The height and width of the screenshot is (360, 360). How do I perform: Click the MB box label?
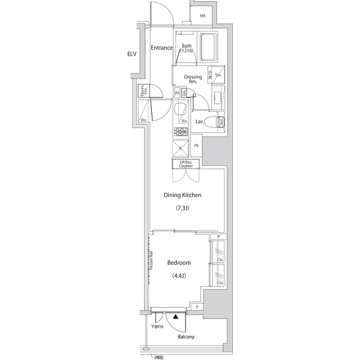(202, 16)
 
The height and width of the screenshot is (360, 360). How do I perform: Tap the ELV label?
(132, 55)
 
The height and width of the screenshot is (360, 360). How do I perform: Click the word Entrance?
(162, 48)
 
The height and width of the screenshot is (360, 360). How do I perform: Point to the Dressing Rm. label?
(193, 79)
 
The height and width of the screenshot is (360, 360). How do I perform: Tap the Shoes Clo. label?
(144, 91)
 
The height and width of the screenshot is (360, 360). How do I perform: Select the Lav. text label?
(199, 121)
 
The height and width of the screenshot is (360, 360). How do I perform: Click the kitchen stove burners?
(181, 133)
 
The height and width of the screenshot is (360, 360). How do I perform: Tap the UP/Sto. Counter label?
(186, 164)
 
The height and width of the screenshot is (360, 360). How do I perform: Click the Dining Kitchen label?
(182, 195)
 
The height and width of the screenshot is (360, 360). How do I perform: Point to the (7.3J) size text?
(183, 208)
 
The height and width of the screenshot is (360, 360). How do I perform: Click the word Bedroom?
(179, 263)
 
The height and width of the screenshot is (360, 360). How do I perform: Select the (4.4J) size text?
(179, 276)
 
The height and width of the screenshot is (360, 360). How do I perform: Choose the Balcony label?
(186, 337)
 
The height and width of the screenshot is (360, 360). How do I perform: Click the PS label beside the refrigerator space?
(196, 146)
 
